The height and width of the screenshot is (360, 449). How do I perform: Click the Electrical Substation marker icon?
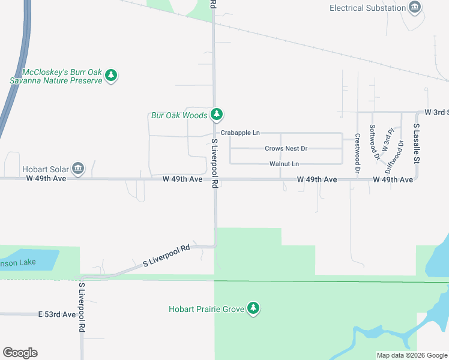414,8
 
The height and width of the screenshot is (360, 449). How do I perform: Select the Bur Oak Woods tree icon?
217,114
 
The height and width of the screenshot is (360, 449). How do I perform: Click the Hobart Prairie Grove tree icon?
254,308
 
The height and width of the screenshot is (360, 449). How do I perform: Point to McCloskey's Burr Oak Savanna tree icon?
110,76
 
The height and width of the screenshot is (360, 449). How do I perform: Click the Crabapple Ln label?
240,133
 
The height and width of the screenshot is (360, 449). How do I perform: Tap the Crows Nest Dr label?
286,149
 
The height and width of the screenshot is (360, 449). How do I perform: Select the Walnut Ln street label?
284,164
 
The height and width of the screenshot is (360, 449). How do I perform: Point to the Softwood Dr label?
374,142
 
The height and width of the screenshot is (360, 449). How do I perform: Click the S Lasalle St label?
415,144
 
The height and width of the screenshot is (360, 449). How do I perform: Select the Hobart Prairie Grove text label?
206,310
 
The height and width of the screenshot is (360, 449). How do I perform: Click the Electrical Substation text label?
367,8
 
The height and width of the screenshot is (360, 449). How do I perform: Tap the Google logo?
20,353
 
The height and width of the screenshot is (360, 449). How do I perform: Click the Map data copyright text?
411,355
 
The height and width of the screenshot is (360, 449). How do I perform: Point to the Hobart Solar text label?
44,170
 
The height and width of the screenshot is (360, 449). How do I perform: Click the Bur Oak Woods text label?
179,115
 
